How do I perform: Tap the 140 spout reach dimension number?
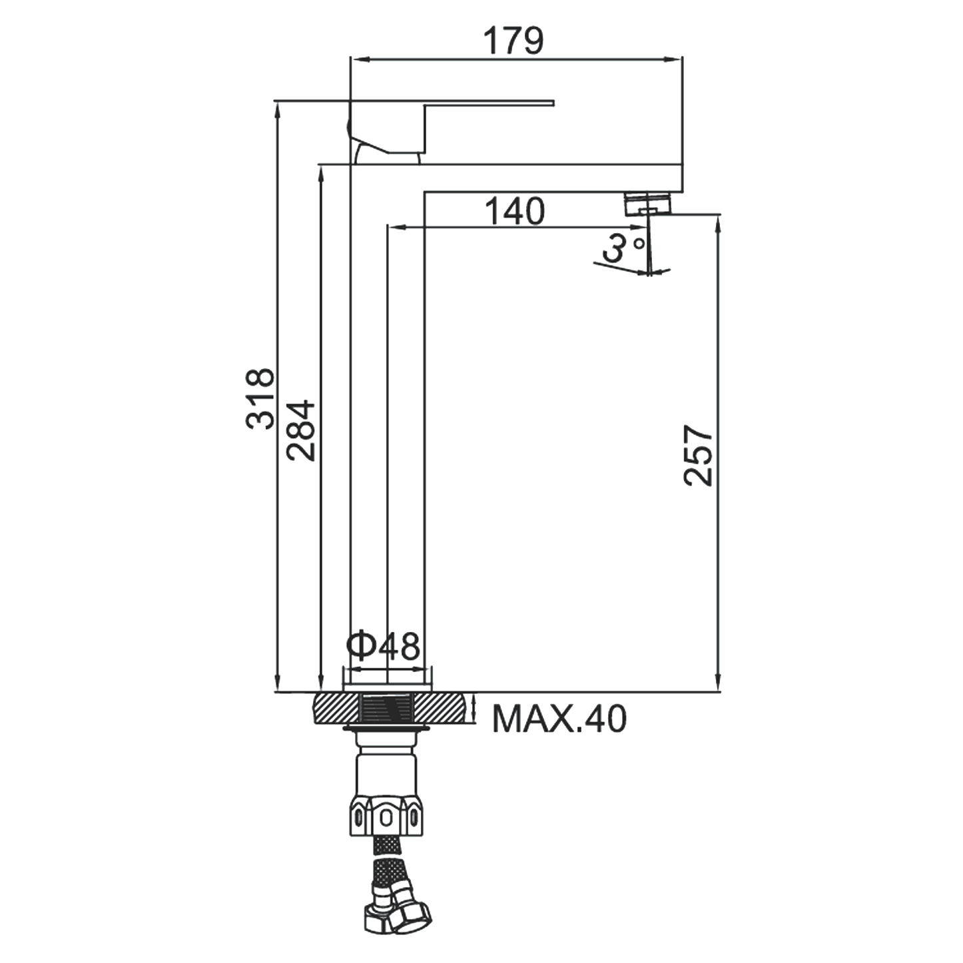514,211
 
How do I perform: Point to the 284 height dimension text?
300,430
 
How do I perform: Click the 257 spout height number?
698,456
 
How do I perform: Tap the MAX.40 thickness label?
559,719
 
